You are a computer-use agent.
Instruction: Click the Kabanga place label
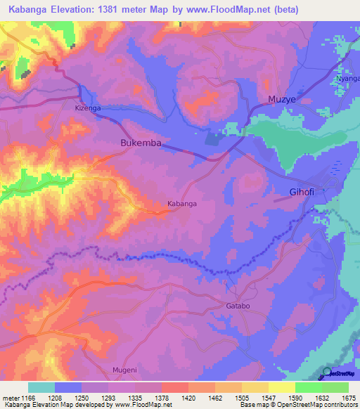181,204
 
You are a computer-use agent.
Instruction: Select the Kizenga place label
88,109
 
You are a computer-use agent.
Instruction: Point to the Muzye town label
281,100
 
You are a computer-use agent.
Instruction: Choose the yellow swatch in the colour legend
281,387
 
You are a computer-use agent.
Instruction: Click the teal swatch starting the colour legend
41,387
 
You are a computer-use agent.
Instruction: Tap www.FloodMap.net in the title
224,10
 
